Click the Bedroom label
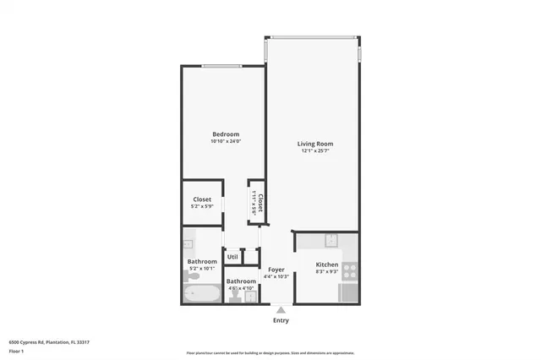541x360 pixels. pos(226,134)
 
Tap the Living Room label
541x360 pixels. pos(314,144)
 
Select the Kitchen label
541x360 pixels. pos(326,265)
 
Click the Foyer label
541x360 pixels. pos(276,270)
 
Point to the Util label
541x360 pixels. pos(232,257)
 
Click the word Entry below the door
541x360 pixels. pos(281,320)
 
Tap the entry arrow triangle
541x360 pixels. pos(281,310)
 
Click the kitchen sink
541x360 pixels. pos(332,239)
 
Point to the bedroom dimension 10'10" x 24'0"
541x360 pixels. pos(226,141)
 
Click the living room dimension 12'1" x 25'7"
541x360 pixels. pos(314,150)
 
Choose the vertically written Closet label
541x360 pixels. pos(260,203)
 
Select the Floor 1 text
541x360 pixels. pos(16,350)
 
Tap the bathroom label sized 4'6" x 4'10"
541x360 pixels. pos(241,287)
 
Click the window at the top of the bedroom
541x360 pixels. pos(226,66)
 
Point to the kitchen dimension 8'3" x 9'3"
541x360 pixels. pos(326,271)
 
